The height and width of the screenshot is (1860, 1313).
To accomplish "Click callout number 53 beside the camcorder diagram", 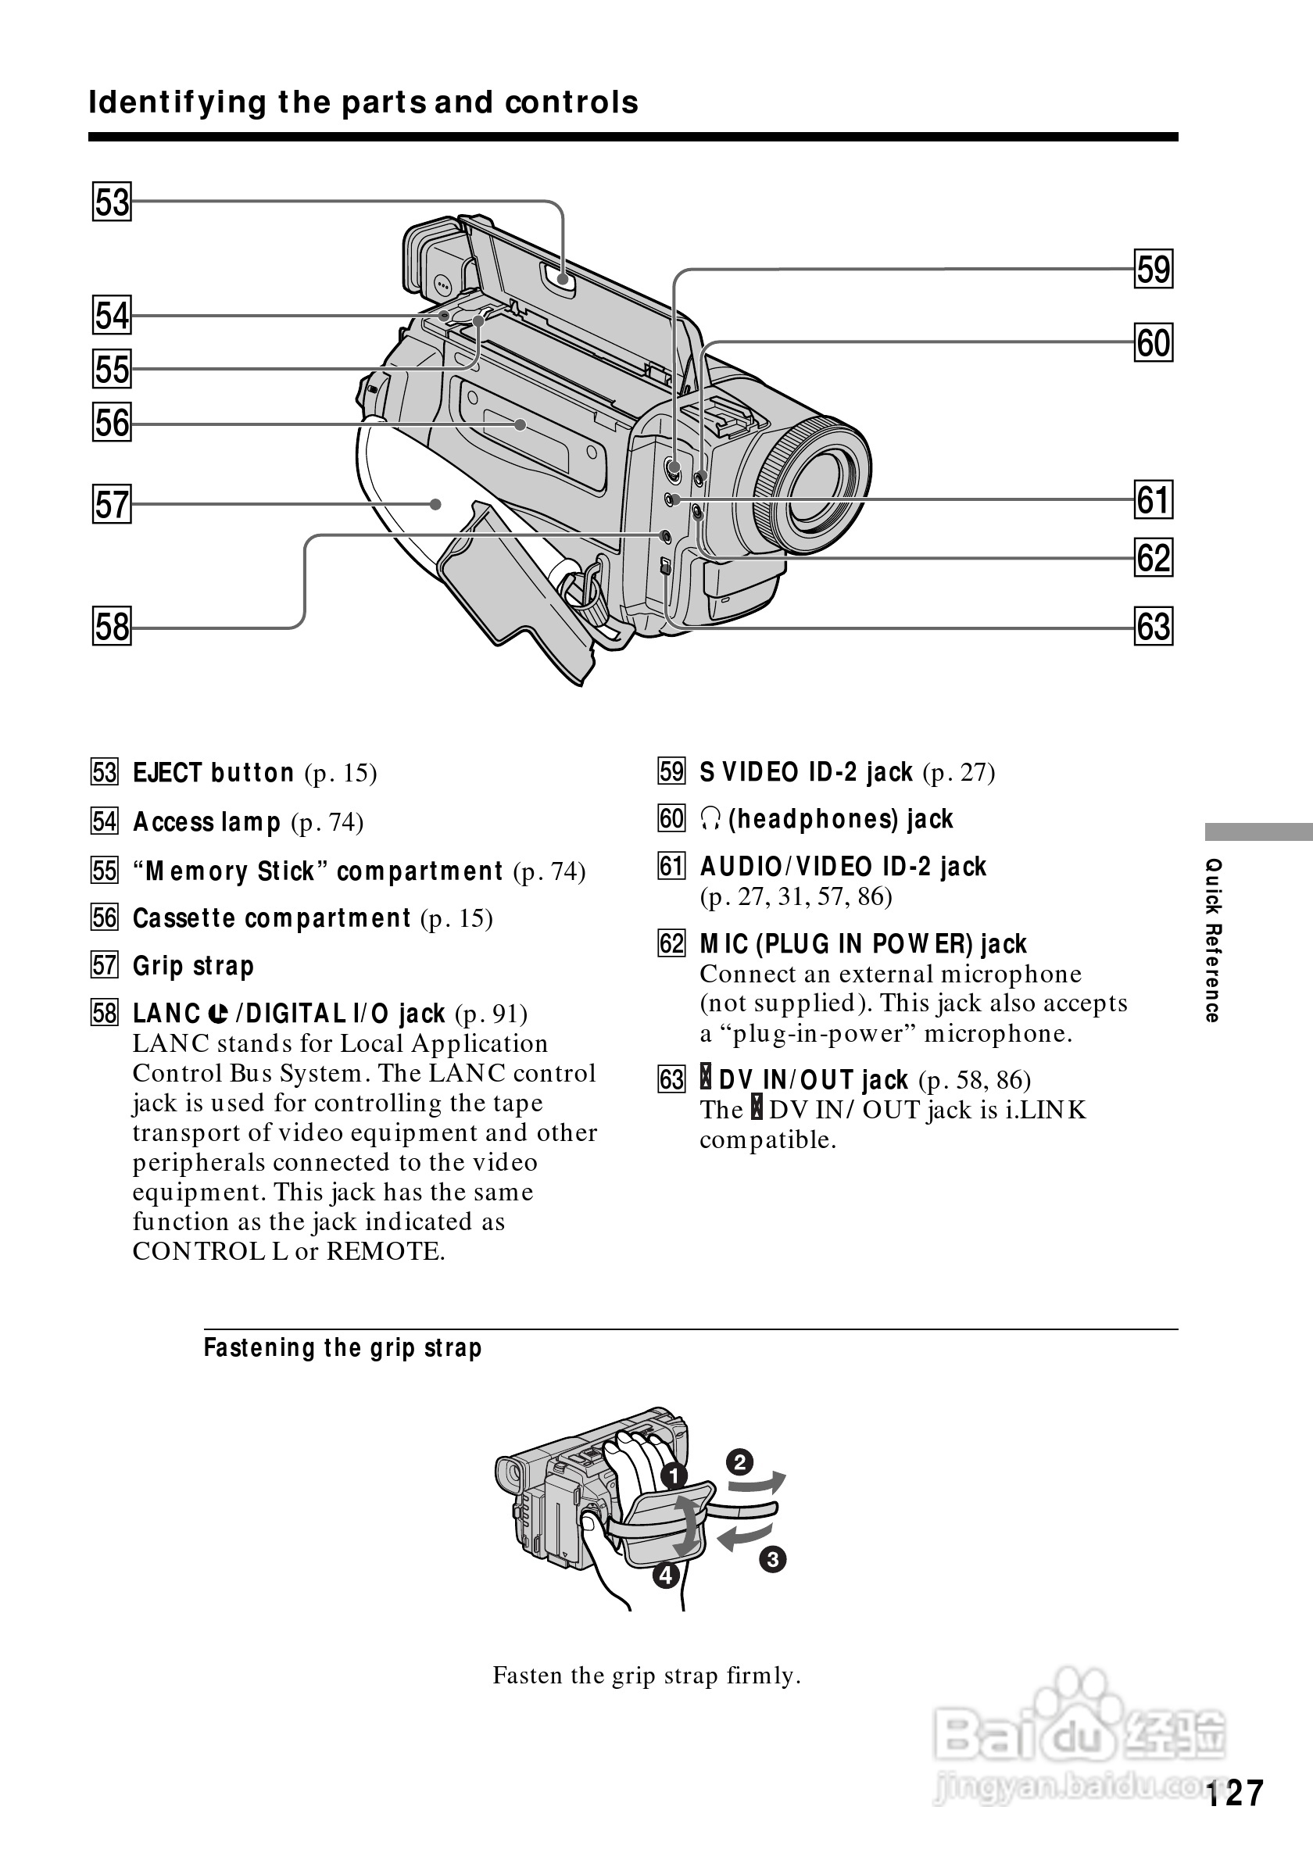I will point(112,202).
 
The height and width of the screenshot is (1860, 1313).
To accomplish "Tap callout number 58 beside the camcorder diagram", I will point(112,627).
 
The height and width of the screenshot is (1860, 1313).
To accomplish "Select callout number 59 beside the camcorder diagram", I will point(1154,269).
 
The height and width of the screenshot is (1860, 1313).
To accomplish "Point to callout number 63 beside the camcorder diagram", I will point(1154,627).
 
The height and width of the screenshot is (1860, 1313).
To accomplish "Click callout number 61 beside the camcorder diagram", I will point(1154,500).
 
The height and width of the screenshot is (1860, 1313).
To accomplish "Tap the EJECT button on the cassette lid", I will point(562,281).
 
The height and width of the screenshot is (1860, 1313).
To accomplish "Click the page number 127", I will point(1233,1793).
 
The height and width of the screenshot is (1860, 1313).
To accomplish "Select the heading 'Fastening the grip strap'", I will point(342,1348).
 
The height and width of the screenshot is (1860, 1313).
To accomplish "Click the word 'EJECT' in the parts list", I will point(168,773).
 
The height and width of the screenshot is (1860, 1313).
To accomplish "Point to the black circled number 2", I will point(739,1463).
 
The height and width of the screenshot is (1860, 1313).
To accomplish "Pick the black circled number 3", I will point(774,1559).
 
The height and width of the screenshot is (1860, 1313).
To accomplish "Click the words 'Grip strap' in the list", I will point(194,967).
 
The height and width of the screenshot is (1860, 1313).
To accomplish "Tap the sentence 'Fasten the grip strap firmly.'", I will point(646,1676).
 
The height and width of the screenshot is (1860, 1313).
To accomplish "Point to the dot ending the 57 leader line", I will point(436,505).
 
